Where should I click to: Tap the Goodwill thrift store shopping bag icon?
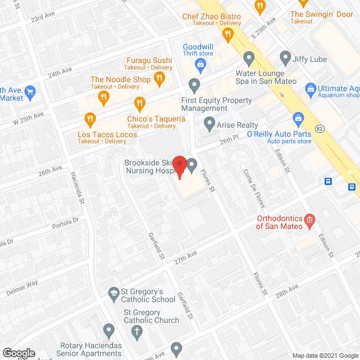pos(200,65)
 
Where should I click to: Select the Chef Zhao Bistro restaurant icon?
pos(228,35)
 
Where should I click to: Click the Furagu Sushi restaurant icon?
pos(159,79)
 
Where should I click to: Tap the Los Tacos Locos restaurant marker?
pos(89,119)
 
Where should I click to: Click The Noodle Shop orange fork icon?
pos(103,97)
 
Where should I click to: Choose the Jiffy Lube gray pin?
pos(285,57)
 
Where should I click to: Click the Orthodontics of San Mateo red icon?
pos(309,220)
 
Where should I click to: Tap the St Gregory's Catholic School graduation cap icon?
pos(113,292)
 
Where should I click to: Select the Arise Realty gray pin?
pos(209,122)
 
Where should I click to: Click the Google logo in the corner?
pos(19,353)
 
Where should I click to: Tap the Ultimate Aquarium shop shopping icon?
pos(309,88)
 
